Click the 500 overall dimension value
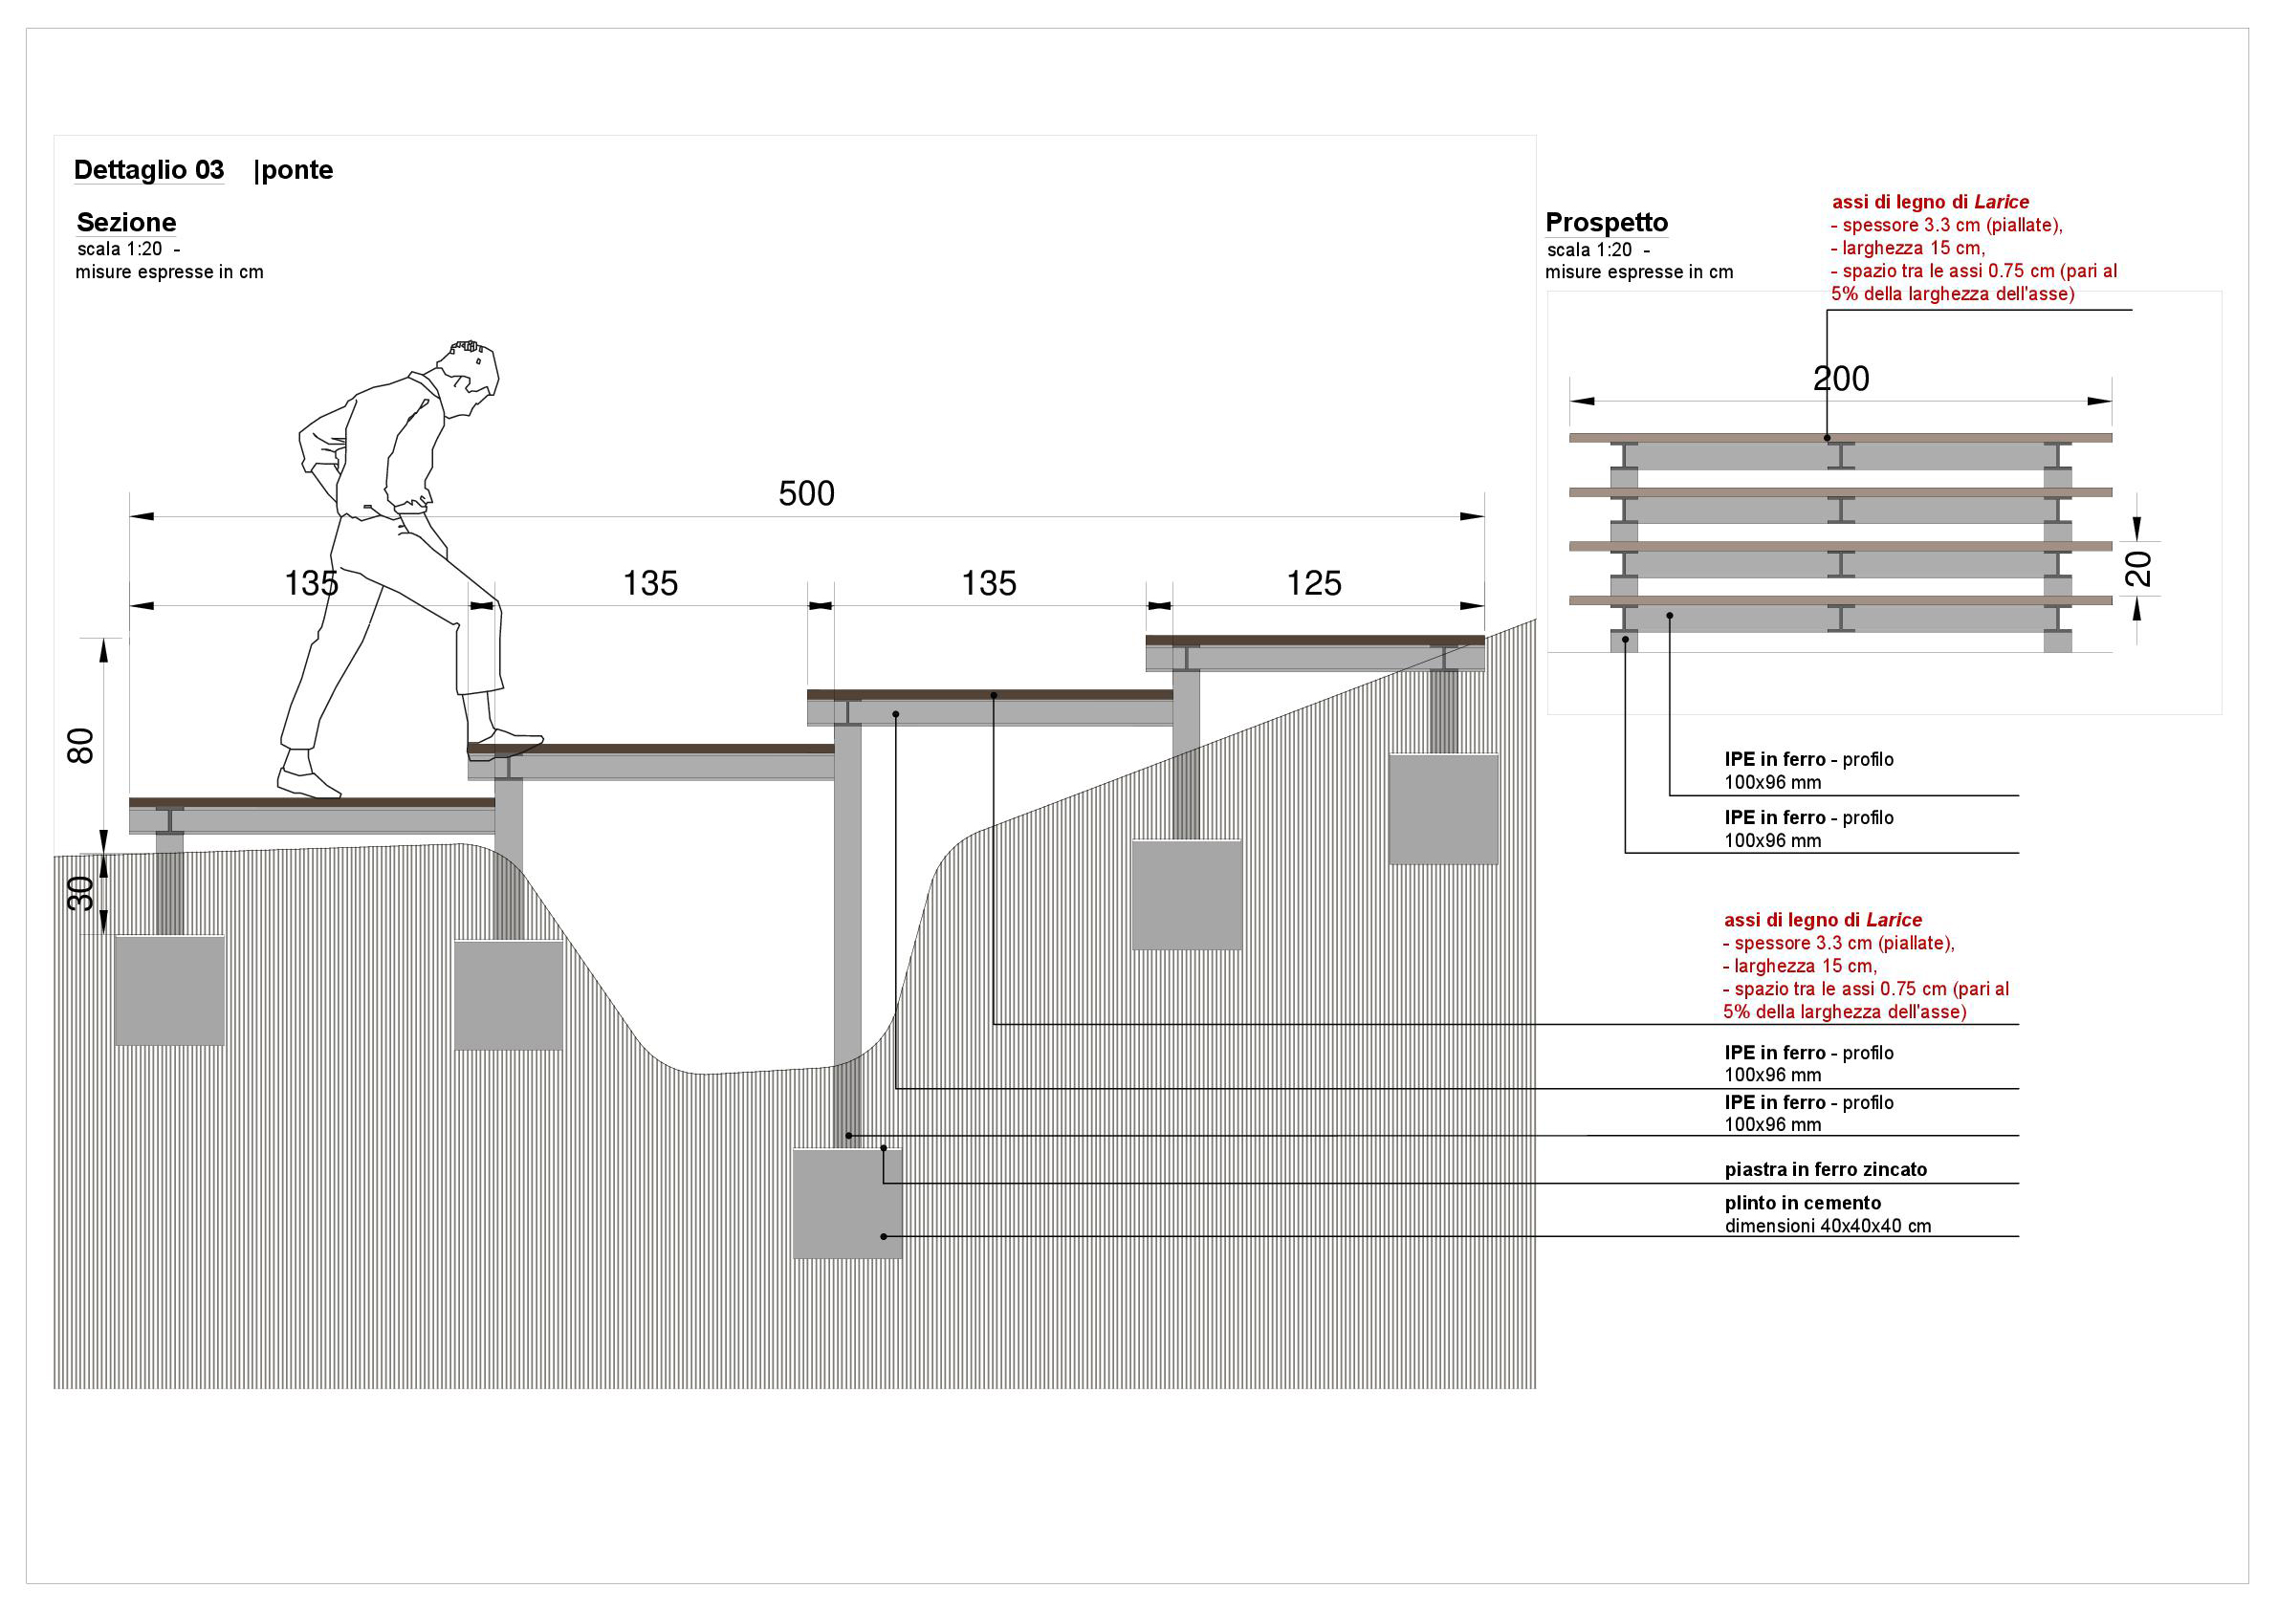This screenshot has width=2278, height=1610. coord(805,493)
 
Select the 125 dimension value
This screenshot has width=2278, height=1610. coord(1314,583)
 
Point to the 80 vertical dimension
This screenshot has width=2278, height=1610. coord(80,746)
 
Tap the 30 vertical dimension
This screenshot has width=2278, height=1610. coord(80,894)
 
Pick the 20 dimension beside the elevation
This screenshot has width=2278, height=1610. coord(2139,569)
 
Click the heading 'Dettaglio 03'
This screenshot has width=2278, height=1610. coord(149,169)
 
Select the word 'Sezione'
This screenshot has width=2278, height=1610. coord(126,222)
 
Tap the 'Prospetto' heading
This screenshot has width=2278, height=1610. coord(1607,222)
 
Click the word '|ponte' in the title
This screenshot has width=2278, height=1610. coord(294,169)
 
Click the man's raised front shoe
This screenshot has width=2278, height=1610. coord(505,745)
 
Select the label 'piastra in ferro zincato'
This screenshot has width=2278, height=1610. coord(1826,1169)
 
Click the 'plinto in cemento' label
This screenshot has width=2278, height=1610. coord(1803,1204)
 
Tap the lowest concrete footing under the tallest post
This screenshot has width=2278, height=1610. coord(847,1204)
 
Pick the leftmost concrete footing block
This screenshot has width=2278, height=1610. coord(169,990)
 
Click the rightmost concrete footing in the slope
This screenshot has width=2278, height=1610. coord(1443,809)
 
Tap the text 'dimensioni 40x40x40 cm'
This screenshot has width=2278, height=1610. coord(1828,1226)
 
